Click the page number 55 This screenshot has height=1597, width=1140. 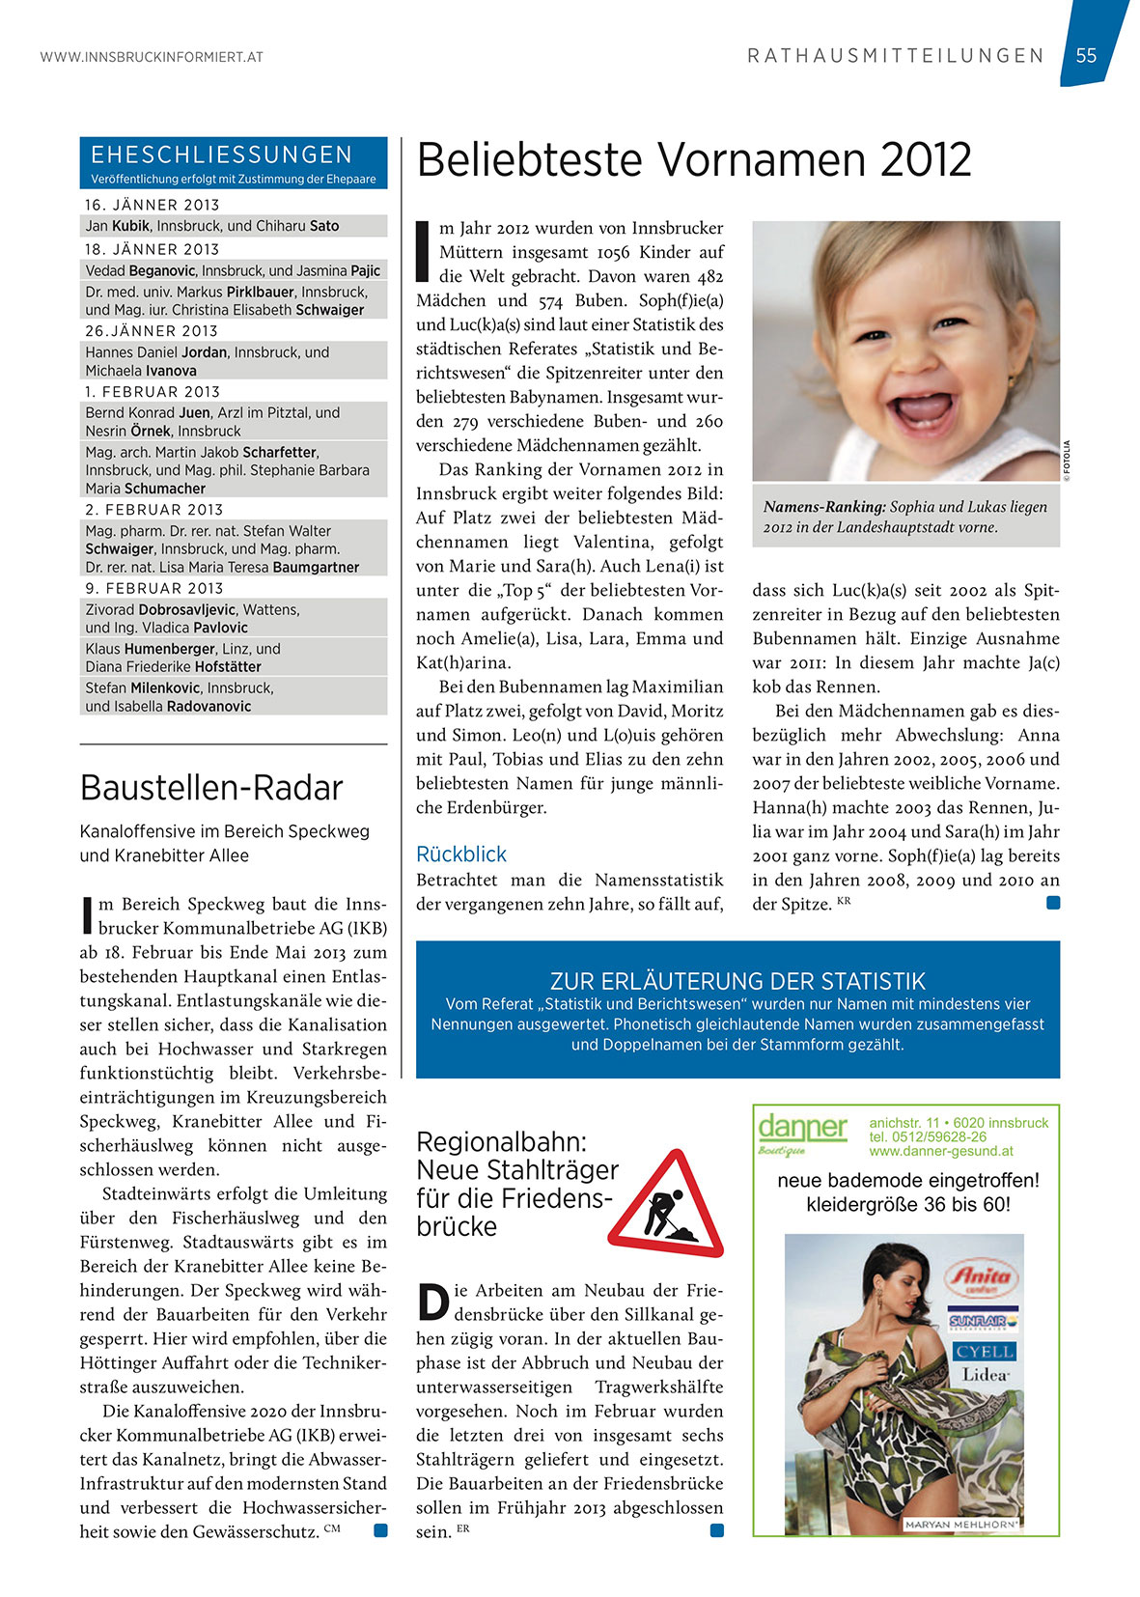[1086, 55]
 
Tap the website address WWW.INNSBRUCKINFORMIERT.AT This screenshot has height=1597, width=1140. [152, 57]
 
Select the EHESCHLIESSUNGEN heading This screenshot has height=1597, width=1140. [222, 154]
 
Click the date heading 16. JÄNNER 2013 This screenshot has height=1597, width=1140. [153, 205]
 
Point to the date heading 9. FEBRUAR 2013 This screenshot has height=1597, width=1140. [154, 588]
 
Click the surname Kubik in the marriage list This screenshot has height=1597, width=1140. [130, 226]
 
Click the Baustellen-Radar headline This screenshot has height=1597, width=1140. [211, 788]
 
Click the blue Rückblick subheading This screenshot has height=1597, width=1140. [461, 855]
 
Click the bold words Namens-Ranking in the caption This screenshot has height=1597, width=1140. [824, 507]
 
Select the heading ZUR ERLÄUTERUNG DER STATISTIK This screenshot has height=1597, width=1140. [737, 981]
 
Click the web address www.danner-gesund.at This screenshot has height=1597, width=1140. [941, 1151]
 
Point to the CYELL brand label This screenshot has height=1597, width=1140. [985, 1351]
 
